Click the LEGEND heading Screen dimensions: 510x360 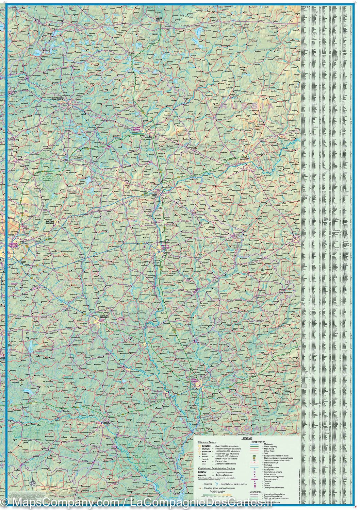247,439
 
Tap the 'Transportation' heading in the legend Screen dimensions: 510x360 258,442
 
